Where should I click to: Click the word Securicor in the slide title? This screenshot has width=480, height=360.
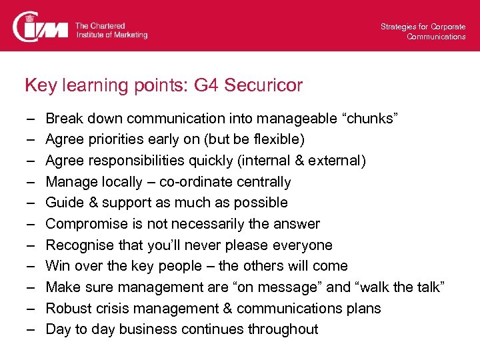click(x=264, y=85)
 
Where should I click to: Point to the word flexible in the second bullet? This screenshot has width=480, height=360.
click(x=276, y=140)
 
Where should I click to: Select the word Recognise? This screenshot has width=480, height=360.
click(x=78, y=245)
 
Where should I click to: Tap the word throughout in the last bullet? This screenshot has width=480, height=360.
click(x=283, y=329)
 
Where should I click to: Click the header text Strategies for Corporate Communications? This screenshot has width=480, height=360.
click(x=423, y=31)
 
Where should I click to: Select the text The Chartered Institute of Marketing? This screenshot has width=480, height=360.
click(x=111, y=30)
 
